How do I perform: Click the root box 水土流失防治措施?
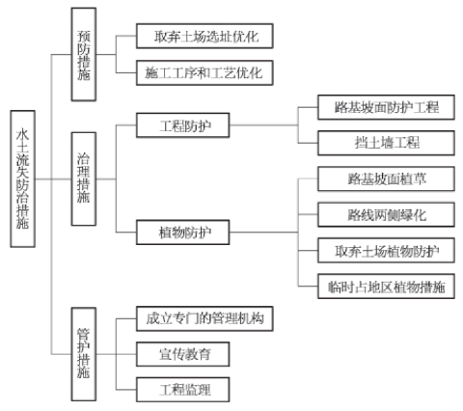click(22, 178)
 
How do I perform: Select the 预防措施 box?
click(84, 54)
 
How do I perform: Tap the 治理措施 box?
click(84, 178)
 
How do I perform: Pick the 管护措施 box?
click(84, 354)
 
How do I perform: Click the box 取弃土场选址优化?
click(204, 36)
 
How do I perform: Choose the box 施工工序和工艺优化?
click(204, 72)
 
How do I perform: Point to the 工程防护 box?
click(183, 125)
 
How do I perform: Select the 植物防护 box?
click(183, 233)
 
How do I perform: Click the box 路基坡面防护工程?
click(386, 107)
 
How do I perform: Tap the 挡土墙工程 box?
click(386, 143)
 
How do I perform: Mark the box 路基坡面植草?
click(386, 178)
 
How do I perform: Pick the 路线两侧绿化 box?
click(386, 214)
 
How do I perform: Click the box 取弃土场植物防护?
click(386, 250)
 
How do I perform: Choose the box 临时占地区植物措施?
click(386, 287)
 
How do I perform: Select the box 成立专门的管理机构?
click(204, 318)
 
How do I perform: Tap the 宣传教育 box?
click(183, 354)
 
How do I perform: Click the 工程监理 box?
click(183, 390)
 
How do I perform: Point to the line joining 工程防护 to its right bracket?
click(264, 125)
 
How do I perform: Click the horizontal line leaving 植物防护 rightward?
click(264, 233)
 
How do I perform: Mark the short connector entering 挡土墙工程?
click(308, 143)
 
